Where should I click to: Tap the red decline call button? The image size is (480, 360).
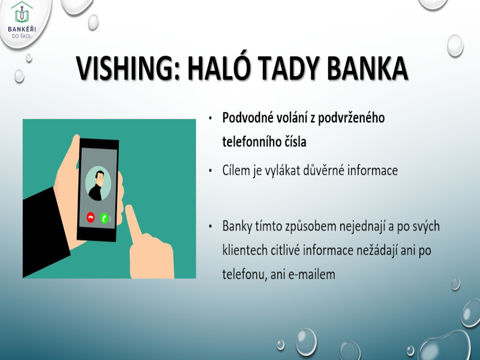[x=91, y=218]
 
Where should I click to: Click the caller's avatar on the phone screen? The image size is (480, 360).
[x=98, y=183]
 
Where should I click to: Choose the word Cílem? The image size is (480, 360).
[x=236, y=170]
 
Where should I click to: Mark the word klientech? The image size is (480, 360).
[x=245, y=250]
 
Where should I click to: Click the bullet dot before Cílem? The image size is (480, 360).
[x=211, y=171]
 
